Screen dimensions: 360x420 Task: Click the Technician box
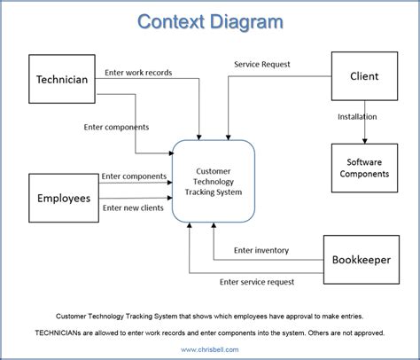pos(61,80)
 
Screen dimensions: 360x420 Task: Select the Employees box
pos(63,198)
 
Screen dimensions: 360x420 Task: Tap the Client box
pos(364,77)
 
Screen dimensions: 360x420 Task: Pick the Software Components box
pos(364,168)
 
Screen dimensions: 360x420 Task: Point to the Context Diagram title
pos(210,21)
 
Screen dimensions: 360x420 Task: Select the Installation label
pos(356,116)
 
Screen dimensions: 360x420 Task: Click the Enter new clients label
pos(133,207)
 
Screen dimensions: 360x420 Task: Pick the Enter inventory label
pos(261,251)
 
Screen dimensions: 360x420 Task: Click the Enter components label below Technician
pos(116,127)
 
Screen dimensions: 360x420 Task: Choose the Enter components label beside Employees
pos(133,176)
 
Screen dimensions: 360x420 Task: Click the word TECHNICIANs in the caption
pos(63,333)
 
